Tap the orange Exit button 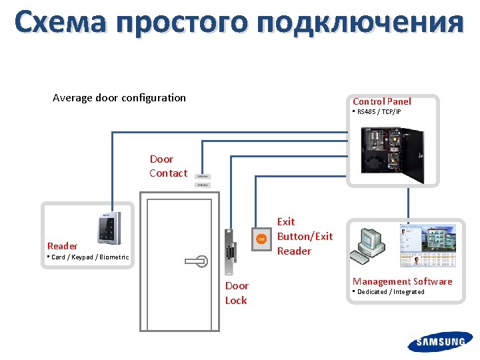(x=261, y=238)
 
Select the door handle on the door (x=197, y=261)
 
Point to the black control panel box (x=392, y=154)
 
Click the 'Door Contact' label (x=168, y=166)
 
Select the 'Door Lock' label (x=236, y=293)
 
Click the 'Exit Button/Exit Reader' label (x=303, y=236)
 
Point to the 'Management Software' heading (x=402, y=281)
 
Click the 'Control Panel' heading (x=381, y=101)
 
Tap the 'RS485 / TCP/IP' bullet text (x=378, y=111)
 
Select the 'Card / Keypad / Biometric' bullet (x=89, y=257)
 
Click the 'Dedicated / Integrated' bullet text (x=390, y=291)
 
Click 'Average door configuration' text (x=119, y=97)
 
